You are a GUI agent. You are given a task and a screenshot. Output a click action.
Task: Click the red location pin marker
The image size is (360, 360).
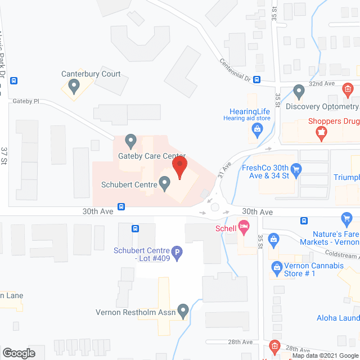coord(179,167)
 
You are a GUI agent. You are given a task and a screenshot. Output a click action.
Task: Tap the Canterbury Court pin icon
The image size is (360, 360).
coord(73,86)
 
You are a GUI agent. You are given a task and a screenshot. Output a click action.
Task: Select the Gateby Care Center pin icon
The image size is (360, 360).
coord(130,140)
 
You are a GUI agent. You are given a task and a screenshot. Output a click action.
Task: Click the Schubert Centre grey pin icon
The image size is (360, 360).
coord(165,183)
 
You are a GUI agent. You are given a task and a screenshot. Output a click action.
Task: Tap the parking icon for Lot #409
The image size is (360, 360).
coord(177,254)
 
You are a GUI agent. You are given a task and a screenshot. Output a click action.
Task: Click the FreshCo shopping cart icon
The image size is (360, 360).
coord(297,169)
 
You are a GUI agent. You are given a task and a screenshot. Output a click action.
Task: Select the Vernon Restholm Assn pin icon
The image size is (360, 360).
coord(183,310)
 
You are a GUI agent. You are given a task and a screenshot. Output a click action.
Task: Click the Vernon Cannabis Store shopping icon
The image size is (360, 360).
coord(276,267)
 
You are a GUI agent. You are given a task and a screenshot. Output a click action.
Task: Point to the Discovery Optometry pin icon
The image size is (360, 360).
coord(299,91)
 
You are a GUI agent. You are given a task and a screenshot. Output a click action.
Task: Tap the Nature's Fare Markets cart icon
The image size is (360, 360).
coord(346,218)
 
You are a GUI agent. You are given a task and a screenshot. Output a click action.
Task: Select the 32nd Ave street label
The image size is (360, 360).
coord(321,83)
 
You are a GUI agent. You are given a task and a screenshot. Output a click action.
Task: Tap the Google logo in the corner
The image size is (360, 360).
coord(19,353)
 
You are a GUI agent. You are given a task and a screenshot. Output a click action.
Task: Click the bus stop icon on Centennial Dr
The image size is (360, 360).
coord(256,79)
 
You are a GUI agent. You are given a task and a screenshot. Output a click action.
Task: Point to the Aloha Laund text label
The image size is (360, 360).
coord(337,318)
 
